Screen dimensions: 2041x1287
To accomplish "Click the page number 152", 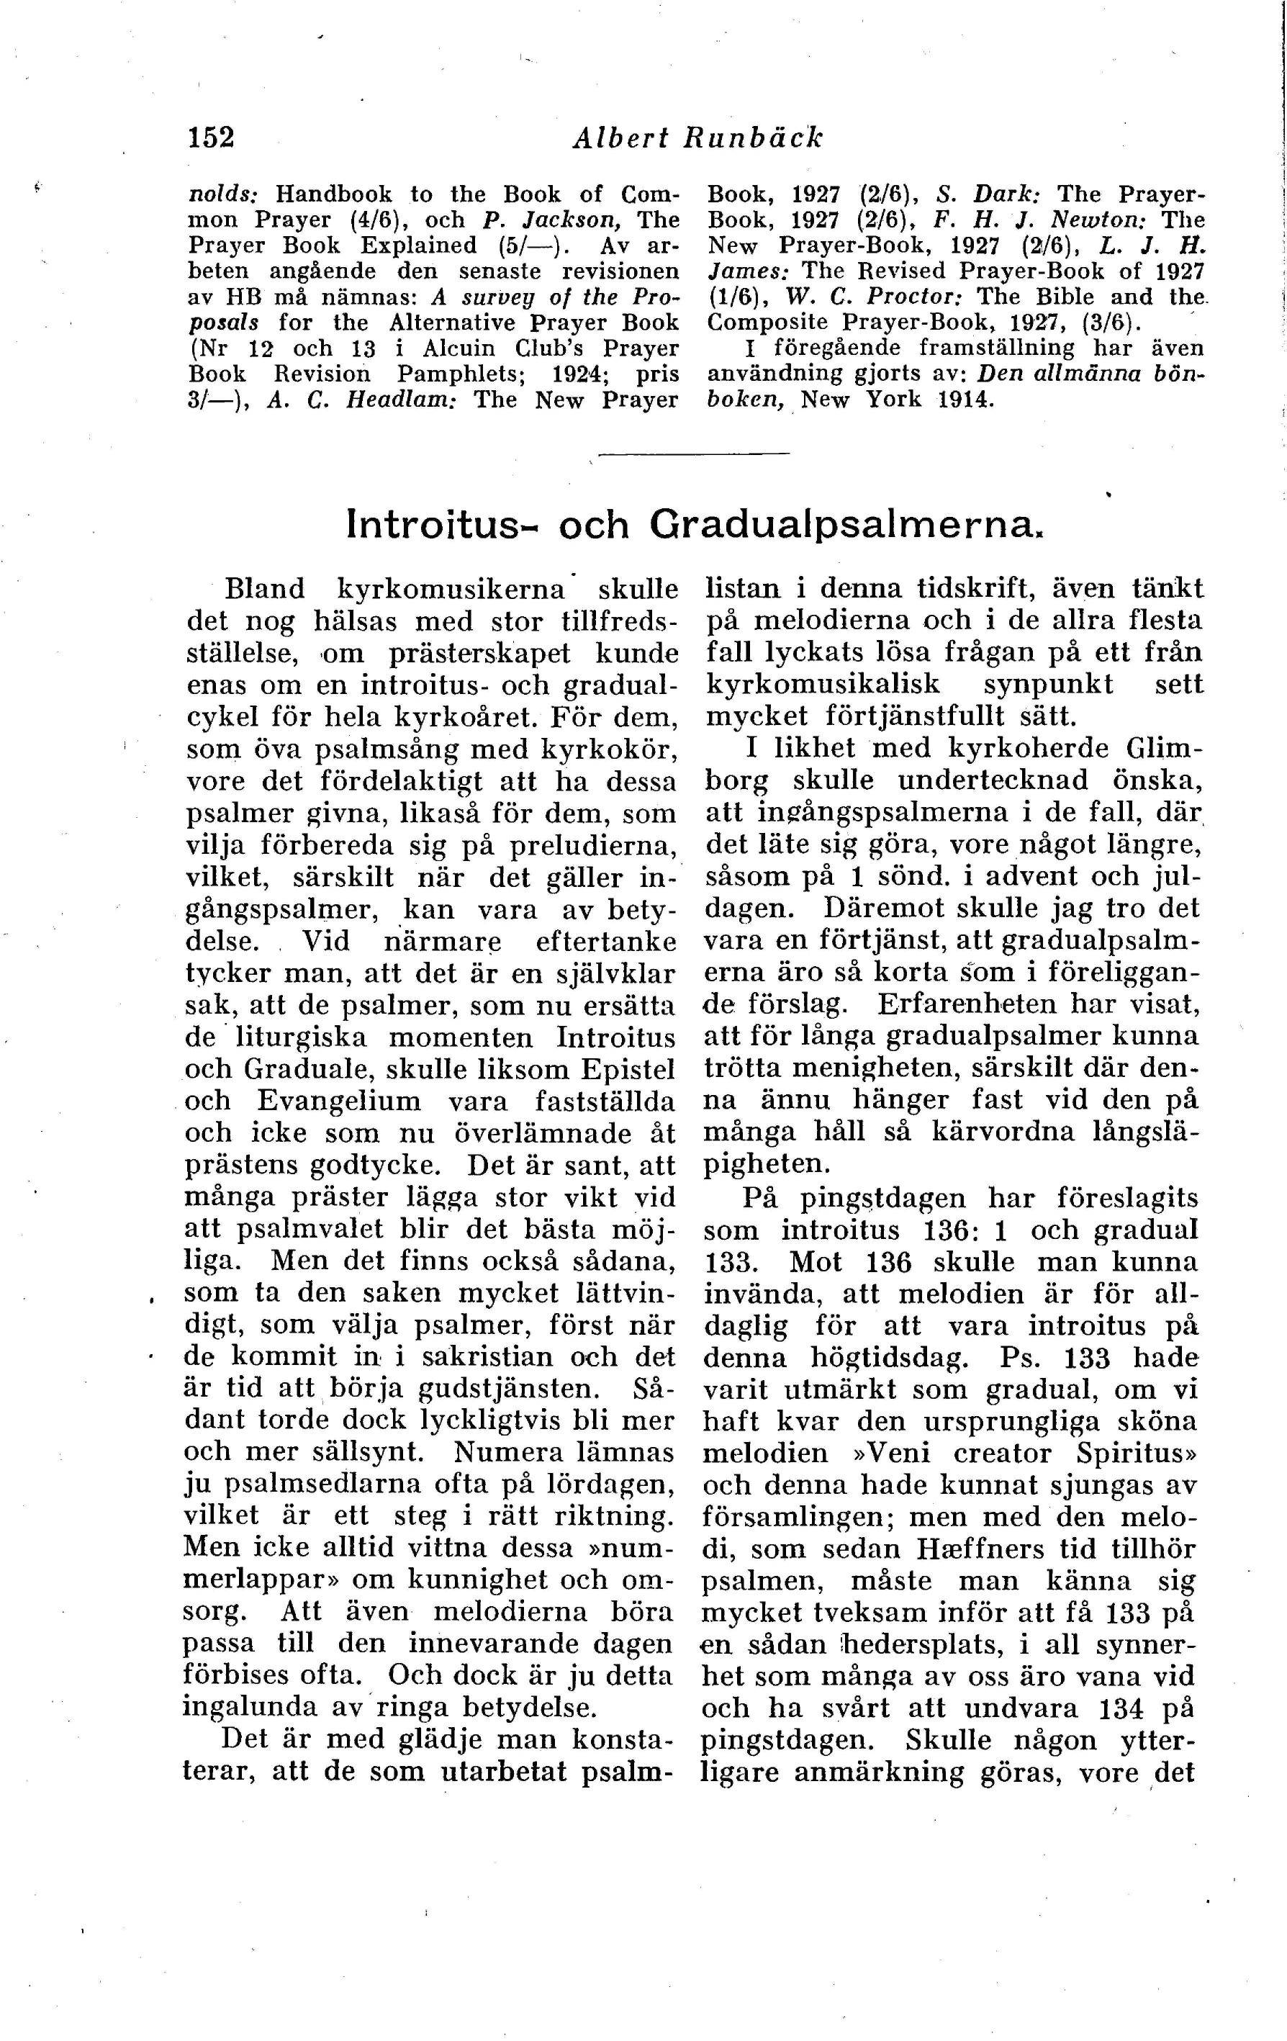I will (210, 138).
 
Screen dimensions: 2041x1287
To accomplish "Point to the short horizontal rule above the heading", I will (693, 455).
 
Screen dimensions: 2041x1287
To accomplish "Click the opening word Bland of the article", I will (263, 589).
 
